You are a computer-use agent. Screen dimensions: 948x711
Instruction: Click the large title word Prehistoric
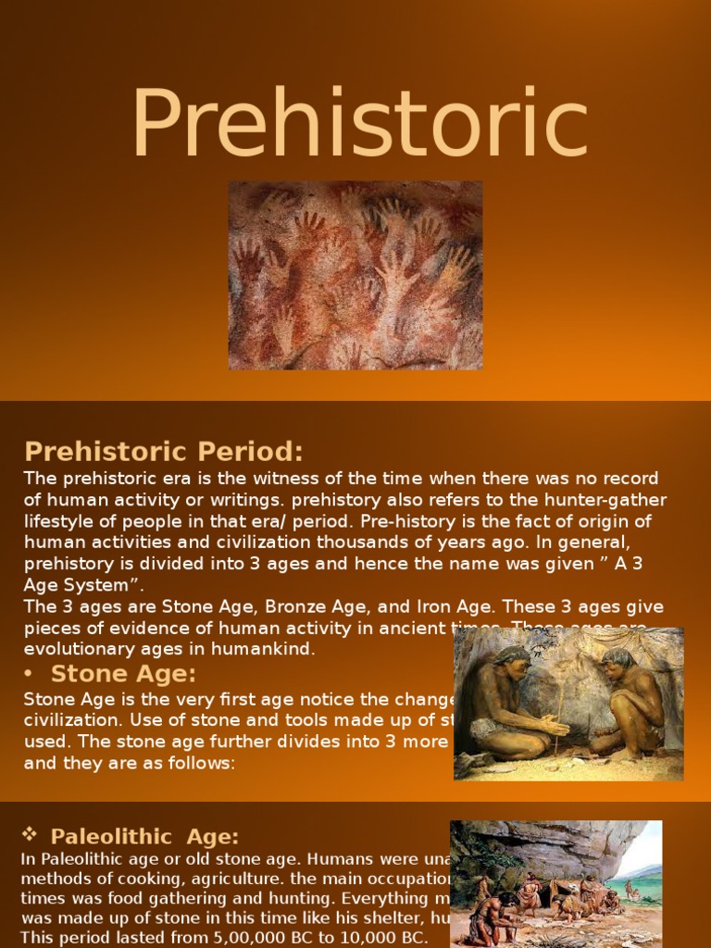pyautogui.click(x=359, y=125)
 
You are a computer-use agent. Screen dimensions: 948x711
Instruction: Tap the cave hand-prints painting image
pyautogui.click(x=355, y=275)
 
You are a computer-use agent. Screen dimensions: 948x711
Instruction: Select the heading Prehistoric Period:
pyautogui.click(x=164, y=452)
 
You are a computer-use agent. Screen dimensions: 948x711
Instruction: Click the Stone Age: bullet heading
pyautogui.click(x=123, y=673)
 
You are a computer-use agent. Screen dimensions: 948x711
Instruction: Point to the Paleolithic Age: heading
pyautogui.click(x=144, y=837)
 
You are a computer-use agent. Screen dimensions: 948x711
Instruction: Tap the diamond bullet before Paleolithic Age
pyautogui.click(x=30, y=835)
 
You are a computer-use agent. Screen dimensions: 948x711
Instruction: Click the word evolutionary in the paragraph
pyautogui.click(x=83, y=649)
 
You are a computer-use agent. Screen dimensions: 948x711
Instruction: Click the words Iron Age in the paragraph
pyautogui.click(x=456, y=607)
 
